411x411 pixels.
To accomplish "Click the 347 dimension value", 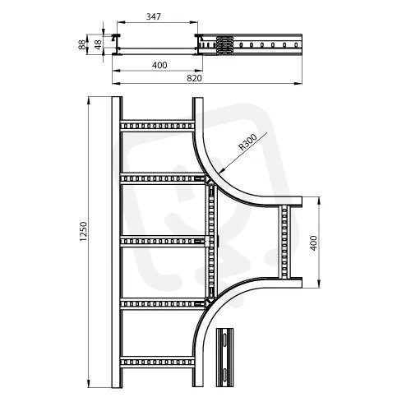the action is [153, 16].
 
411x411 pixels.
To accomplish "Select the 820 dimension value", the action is [194, 78].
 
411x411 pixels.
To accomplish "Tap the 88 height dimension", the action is [81, 44].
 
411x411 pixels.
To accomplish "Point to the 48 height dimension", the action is [98, 44].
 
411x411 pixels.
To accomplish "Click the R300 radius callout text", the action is [247, 142].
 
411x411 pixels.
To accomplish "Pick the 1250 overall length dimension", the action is [83, 232].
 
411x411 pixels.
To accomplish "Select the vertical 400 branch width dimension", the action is [314, 242].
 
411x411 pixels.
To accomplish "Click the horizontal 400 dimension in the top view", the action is [159, 65].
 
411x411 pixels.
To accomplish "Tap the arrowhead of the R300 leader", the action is [222, 170].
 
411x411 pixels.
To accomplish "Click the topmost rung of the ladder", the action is [157, 126].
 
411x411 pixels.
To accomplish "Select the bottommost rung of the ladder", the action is [157, 363].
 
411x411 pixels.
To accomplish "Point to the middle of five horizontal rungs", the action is [164, 241].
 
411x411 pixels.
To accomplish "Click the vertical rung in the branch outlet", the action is [284, 242].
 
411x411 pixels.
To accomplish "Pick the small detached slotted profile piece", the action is [224, 357].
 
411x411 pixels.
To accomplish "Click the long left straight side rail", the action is [117, 242].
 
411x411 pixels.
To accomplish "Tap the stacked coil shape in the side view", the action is [224, 45].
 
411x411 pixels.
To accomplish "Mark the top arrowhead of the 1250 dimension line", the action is [89, 100].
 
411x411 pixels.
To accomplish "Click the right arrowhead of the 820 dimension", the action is [298, 83].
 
